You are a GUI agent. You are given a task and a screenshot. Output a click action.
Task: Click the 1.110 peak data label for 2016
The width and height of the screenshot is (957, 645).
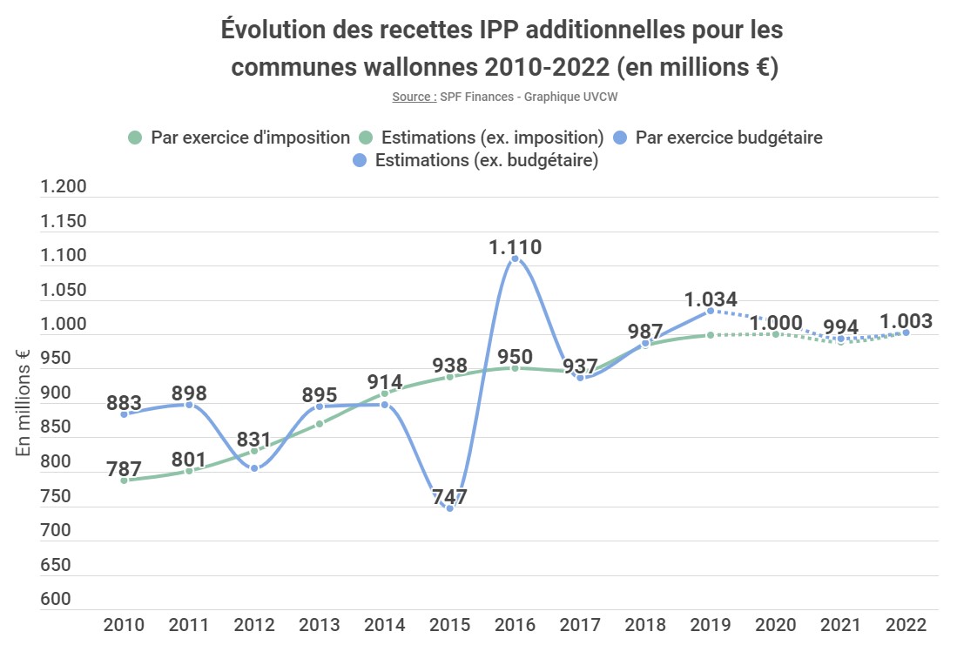(515, 247)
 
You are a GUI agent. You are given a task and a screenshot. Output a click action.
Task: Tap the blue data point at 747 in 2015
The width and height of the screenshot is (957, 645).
(450, 507)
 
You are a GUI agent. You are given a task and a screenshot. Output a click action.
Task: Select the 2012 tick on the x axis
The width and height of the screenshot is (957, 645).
(254, 625)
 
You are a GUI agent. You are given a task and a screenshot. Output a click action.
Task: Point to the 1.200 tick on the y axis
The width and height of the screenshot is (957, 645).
(64, 187)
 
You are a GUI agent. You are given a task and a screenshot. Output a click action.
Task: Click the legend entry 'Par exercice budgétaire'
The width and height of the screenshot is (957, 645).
(728, 138)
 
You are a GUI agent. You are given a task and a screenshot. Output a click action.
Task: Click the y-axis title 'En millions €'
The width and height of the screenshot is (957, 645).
(24, 401)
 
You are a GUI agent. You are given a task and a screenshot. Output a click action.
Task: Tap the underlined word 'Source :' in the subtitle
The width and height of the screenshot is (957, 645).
(414, 97)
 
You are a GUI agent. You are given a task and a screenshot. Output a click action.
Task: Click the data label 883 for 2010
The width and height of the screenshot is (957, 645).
(125, 404)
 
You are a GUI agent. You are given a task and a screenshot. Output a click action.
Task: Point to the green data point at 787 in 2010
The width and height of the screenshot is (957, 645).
(124, 480)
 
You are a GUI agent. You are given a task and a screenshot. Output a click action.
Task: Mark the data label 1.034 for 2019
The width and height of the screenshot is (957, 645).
(711, 299)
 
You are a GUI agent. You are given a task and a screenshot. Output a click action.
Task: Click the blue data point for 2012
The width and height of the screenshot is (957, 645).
(254, 468)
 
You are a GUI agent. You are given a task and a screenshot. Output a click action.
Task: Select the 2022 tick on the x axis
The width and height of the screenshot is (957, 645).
(906, 625)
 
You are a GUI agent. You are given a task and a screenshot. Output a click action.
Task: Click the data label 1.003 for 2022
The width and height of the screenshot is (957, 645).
(906, 321)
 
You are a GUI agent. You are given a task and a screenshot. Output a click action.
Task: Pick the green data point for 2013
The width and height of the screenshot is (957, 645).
(320, 424)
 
